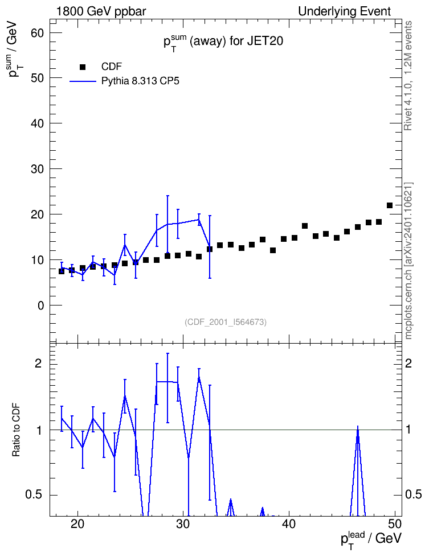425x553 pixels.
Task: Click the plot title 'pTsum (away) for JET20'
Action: pos(223,42)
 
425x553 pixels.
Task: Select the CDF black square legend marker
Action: pos(83,67)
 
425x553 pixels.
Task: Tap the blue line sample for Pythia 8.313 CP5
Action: pos(83,81)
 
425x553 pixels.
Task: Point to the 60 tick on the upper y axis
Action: pos(36,33)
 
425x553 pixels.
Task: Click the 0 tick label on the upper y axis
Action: pos(40,306)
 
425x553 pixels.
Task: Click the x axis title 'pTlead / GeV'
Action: pos(371,539)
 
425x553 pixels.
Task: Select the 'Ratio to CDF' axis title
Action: pos(17,430)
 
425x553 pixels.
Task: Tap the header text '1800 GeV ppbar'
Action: pos(101,11)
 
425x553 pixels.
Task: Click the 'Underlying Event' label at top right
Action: pos(345,11)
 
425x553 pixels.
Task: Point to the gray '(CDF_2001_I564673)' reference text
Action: pos(226,322)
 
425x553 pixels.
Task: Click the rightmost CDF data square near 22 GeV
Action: pos(390,205)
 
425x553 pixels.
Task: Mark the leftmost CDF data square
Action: pos(62,271)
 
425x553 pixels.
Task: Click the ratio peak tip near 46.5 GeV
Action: pos(358,426)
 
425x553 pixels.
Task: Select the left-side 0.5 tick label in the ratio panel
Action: pos(35,495)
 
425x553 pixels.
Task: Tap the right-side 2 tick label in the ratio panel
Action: pos(408,364)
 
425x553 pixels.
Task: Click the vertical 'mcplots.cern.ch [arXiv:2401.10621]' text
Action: pos(408,261)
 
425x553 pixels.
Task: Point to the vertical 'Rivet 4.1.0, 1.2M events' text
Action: pos(408,76)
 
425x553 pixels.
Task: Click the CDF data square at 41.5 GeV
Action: pos(305,226)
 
